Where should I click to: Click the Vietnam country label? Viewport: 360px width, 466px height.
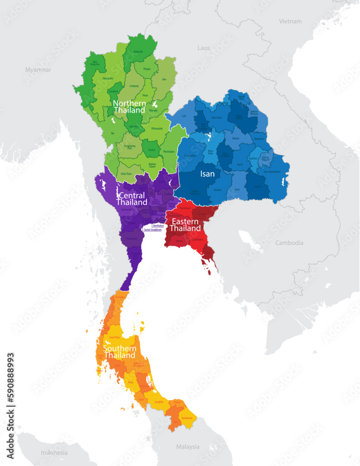click(x=290, y=21)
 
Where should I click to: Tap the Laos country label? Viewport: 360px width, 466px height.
click(x=204, y=48)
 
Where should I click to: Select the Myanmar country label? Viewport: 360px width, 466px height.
click(x=38, y=70)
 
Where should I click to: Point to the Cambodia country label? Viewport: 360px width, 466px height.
click(x=289, y=243)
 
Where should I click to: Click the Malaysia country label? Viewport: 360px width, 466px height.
click(x=188, y=446)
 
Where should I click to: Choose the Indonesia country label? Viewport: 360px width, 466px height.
click(x=54, y=452)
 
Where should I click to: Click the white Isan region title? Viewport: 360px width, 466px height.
click(x=208, y=174)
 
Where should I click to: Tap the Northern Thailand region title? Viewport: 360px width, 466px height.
click(x=130, y=107)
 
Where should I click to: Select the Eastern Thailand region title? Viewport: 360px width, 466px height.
click(x=185, y=225)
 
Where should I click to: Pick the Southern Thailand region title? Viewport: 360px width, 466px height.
click(x=120, y=352)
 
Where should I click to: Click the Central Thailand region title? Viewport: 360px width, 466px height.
click(x=132, y=199)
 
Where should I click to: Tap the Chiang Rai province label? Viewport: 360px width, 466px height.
click(x=138, y=52)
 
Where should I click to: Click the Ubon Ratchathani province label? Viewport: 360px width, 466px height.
click(x=272, y=171)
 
